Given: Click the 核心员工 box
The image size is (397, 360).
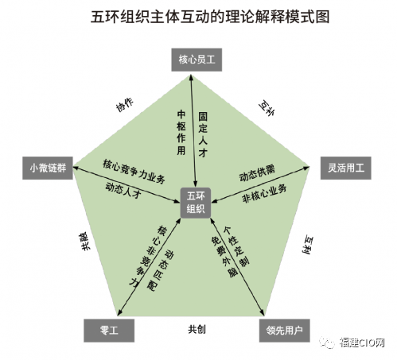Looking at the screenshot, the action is point(197,60).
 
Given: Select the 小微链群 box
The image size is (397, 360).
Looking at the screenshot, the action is point(48,168).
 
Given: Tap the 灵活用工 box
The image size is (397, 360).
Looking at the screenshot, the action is point(346,168).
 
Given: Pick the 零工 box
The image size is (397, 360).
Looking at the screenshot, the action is point(109,331).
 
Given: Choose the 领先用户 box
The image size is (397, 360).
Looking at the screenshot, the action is point(285,331).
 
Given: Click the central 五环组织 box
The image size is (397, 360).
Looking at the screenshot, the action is point(196,203).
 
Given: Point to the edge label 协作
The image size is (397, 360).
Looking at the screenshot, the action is point(125,105).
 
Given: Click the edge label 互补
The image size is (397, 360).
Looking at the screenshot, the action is point(267,108).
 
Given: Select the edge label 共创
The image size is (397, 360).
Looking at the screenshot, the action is point(197,329).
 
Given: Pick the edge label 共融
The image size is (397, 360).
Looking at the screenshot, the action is point(84,242).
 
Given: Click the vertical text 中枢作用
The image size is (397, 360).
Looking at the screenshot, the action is point(181,133).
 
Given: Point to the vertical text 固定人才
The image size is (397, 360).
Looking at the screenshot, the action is point(203,134).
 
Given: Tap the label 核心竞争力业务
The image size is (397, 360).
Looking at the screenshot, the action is point(134,172).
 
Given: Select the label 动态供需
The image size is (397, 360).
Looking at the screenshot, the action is point(257,173).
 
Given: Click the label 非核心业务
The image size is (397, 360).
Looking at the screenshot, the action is point(264,194).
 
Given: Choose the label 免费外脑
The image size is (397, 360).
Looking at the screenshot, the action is point(224,257).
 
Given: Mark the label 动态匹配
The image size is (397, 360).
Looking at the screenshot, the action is point(161,269).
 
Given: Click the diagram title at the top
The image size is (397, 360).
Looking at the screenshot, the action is point(210,17).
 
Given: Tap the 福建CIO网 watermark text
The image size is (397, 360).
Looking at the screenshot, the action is point(362,343).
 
